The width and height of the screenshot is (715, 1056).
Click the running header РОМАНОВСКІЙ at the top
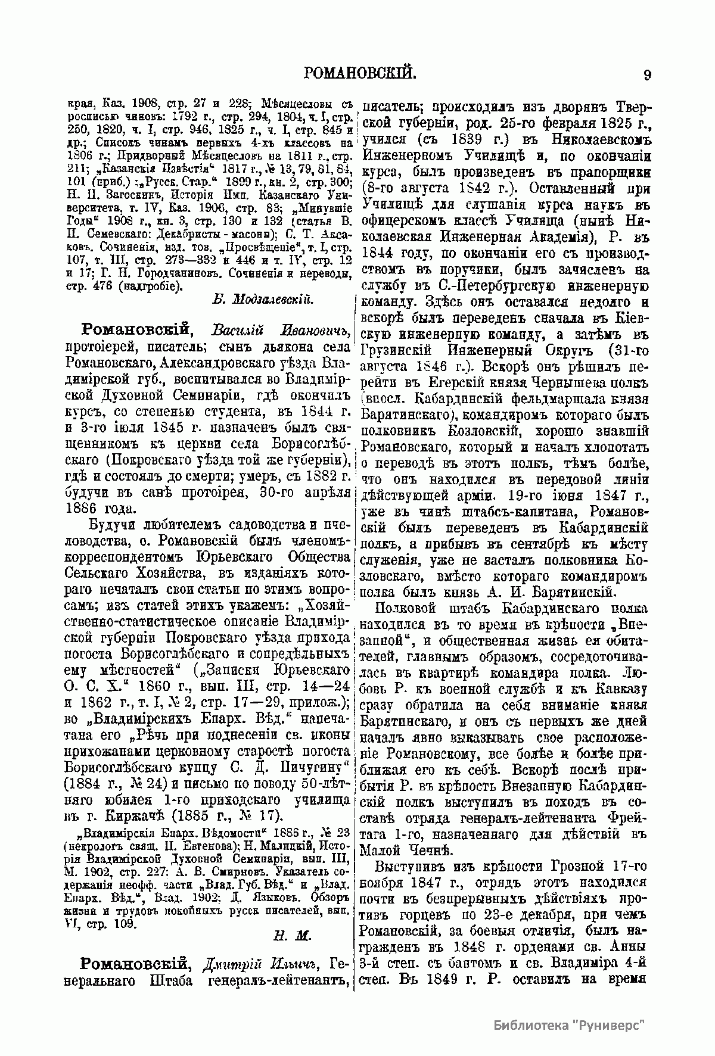click(359, 74)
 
